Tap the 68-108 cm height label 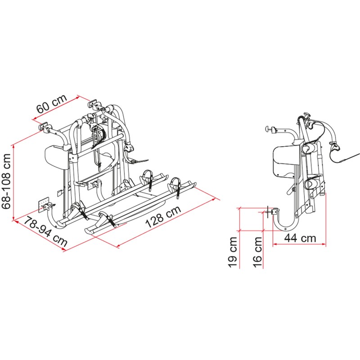click(6, 180)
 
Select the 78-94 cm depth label click(45, 231)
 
